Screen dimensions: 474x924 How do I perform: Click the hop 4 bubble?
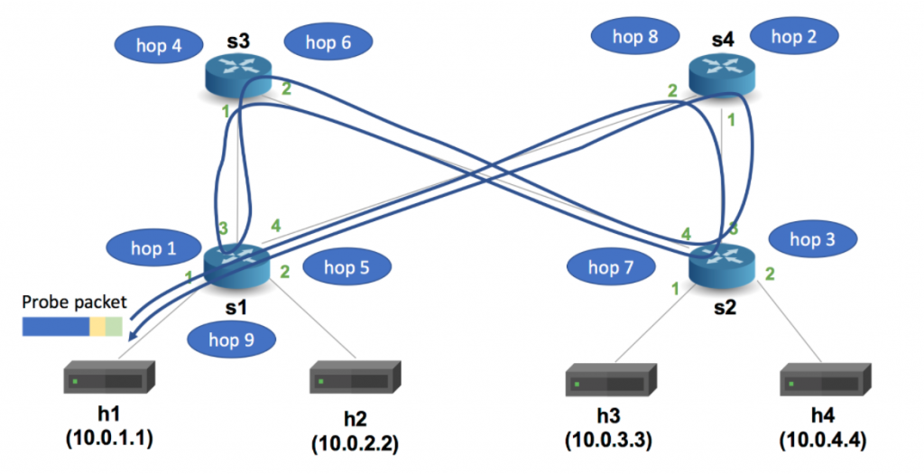pyautogui.click(x=159, y=45)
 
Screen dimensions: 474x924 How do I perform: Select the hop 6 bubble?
pyautogui.click(x=328, y=42)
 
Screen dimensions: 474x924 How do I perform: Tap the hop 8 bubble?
pyautogui.click(x=634, y=36)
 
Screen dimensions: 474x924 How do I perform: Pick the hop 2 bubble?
pyautogui.click(x=793, y=36)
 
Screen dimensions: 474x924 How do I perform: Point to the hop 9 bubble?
pyautogui.click(x=231, y=339)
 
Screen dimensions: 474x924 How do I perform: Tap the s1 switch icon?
pyautogui.click(x=237, y=264)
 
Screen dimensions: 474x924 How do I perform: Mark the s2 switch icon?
pyautogui.click(x=723, y=264)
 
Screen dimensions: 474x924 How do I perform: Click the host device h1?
pyautogui.click(x=109, y=378)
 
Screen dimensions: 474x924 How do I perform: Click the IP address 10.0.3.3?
pyautogui.click(x=609, y=441)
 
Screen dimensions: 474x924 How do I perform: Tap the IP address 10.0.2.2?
pyautogui.click(x=356, y=445)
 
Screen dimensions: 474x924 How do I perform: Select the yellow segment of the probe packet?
pyautogui.click(x=97, y=325)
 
